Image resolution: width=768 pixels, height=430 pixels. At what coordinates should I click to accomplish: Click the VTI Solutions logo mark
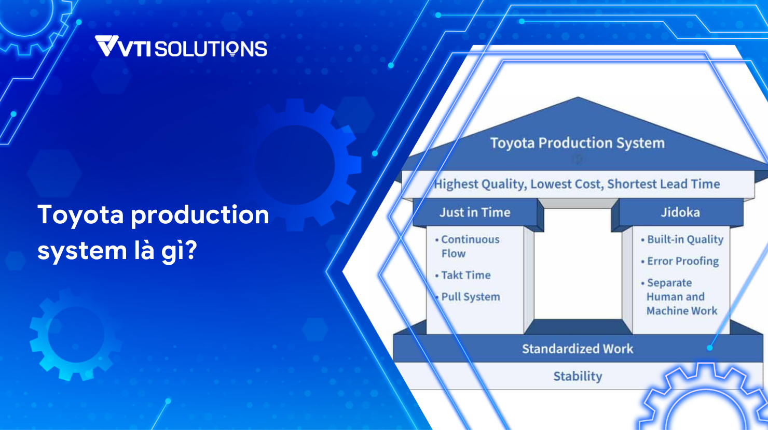coord(106,46)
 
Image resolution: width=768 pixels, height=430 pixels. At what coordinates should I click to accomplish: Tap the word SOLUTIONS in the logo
coord(211,49)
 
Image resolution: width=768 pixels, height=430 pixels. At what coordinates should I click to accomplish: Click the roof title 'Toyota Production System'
coord(578,143)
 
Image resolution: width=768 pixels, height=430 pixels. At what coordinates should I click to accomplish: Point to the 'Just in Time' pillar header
coord(475,212)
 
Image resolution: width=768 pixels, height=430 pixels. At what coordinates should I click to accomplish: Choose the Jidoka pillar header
coord(680,212)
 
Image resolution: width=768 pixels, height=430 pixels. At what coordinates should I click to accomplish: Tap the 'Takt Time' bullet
coord(463,275)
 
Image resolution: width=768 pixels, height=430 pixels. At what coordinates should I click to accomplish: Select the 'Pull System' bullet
coord(468,297)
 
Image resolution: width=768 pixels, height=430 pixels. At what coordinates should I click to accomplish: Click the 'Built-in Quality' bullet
coord(682,239)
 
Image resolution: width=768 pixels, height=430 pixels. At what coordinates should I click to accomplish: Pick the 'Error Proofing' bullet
coord(680,261)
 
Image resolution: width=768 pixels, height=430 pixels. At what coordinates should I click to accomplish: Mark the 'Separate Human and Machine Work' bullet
coord(679,297)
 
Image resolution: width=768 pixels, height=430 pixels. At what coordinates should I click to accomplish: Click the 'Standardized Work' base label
coord(578,349)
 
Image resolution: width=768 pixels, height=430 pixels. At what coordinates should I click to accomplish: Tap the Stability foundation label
coord(578,376)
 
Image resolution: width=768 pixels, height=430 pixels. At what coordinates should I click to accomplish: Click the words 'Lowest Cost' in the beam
coord(566,184)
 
